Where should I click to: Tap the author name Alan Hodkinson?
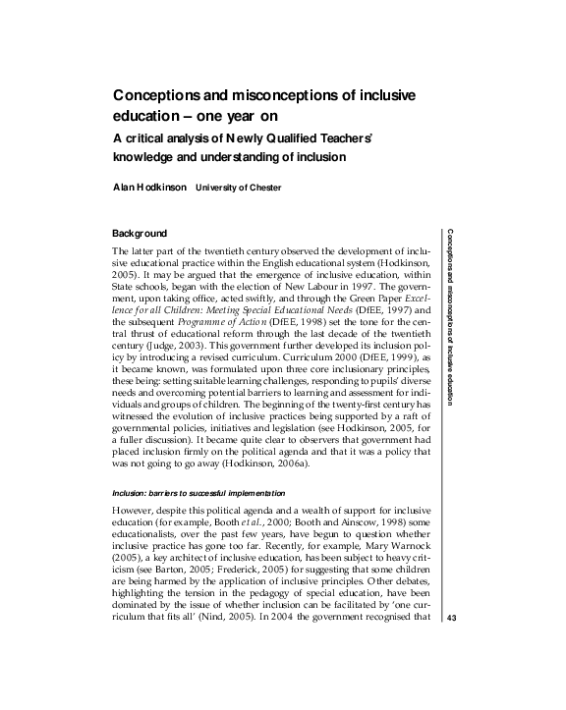tap(150, 186)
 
